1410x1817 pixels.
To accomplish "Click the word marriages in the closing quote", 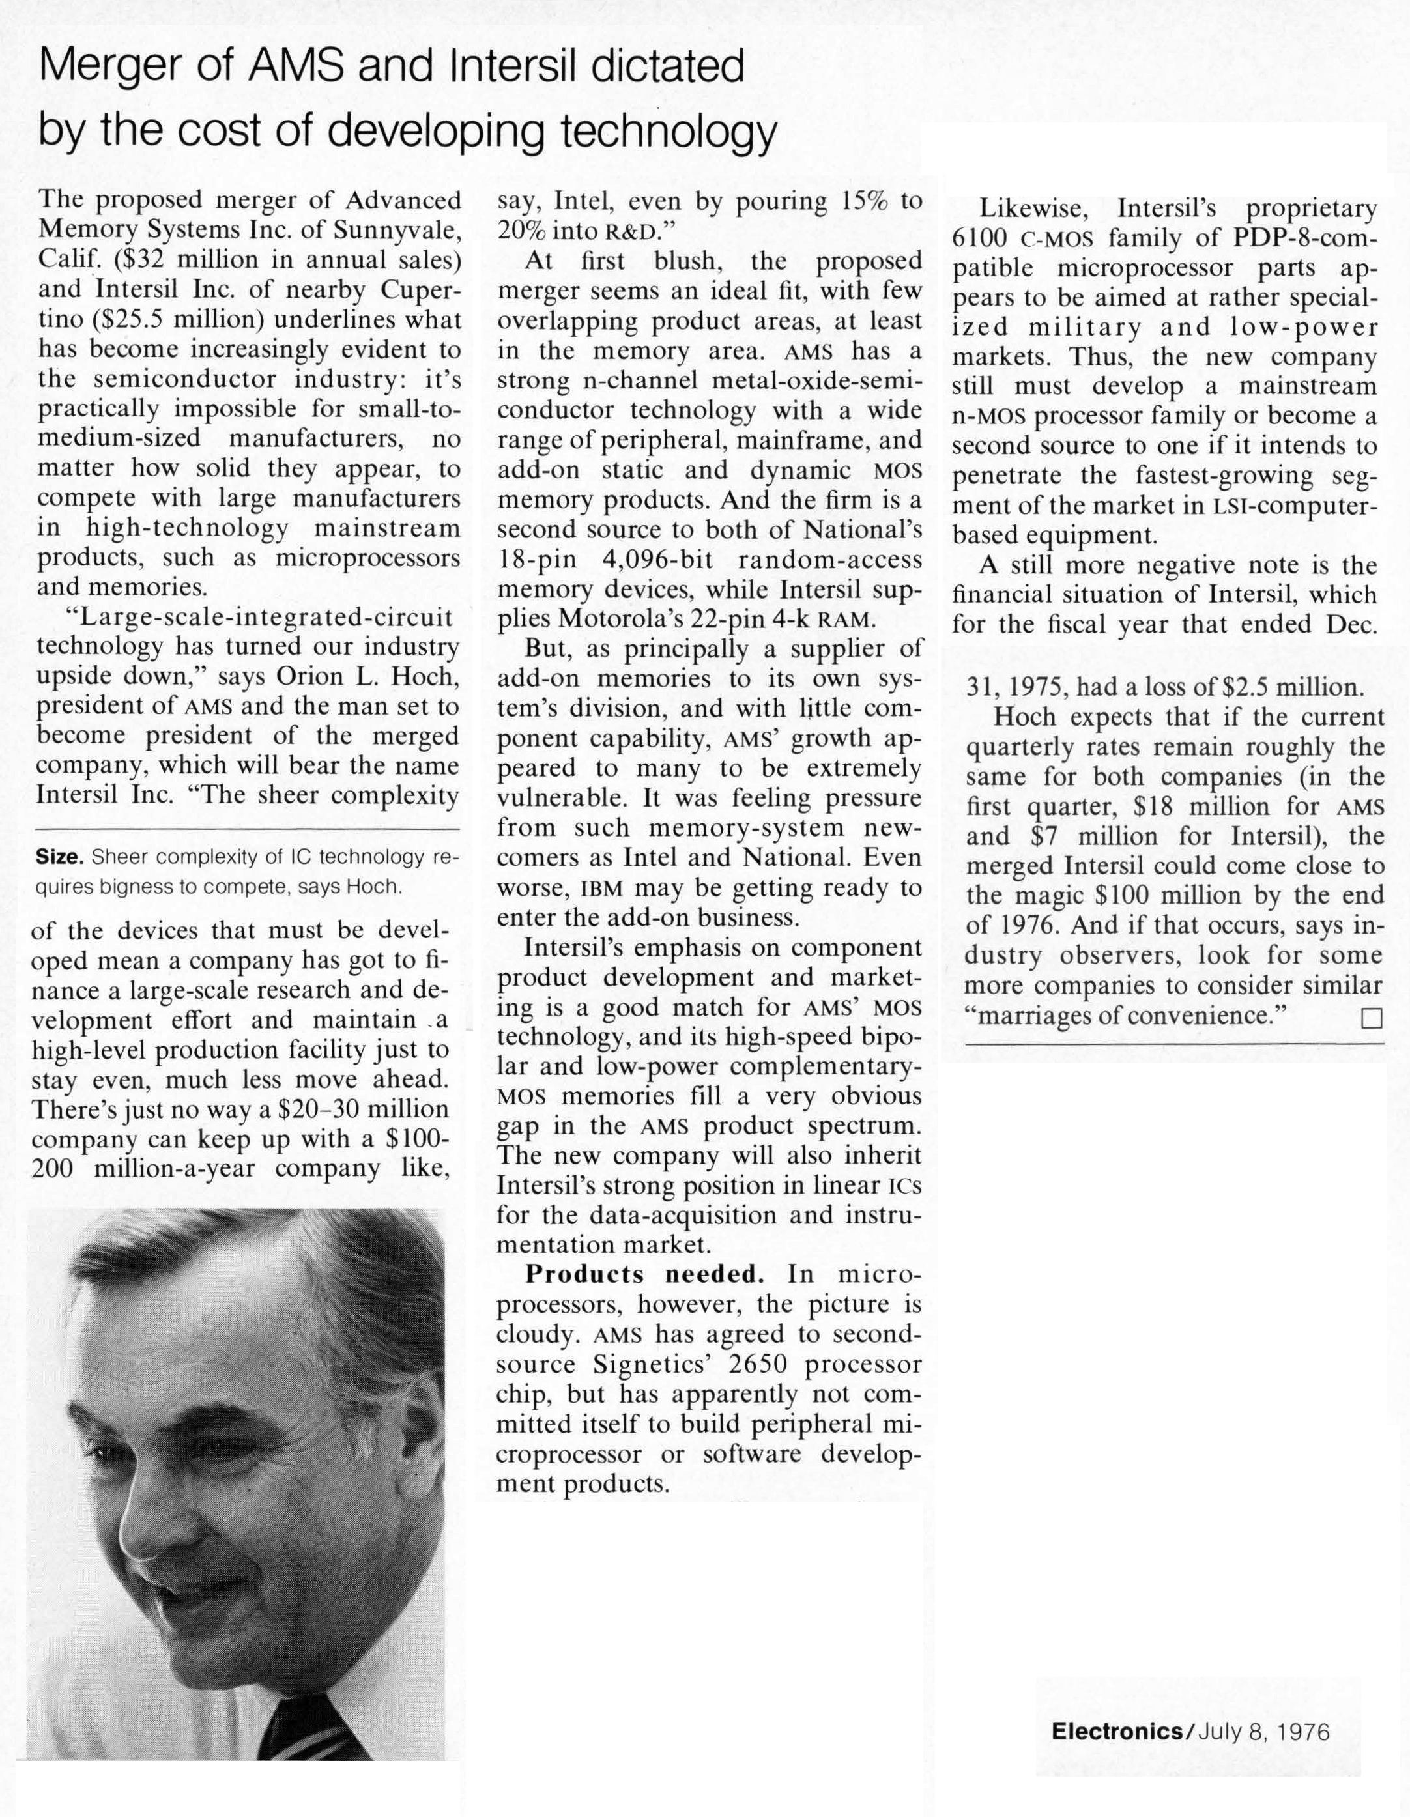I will (x=1032, y=1016).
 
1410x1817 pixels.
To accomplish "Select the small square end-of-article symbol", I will (x=1371, y=1018).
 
